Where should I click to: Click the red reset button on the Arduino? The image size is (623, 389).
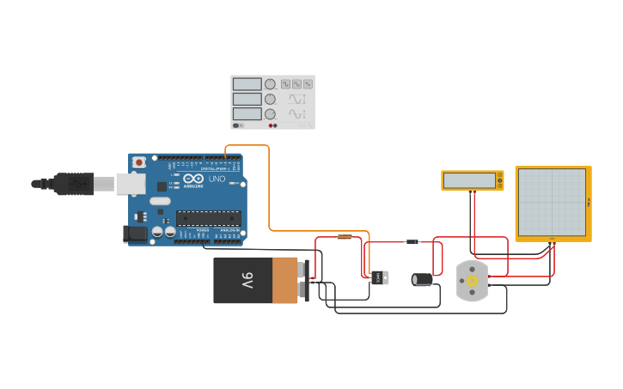click(x=138, y=162)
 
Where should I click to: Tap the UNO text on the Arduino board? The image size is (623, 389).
click(x=217, y=179)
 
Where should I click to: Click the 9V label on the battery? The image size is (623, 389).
click(x=246, y=281)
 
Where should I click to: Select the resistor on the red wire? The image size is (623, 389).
click(x=345, y=236)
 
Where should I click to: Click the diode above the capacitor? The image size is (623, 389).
click(x=412, y=242)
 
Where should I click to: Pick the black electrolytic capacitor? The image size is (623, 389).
click(x=422, y=279)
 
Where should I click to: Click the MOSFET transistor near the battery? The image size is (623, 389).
click(x=379, y=277)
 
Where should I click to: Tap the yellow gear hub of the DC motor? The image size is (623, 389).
click(x=471, y=281)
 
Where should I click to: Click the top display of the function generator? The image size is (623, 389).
click(x=247, y=84)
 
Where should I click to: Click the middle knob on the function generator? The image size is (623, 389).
click(x=270, y=99)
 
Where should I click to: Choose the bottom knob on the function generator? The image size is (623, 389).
click(x=270, y=114)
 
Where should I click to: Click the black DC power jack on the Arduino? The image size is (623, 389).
click(x=135, y=233)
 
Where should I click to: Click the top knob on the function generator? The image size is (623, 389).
click(x=270, y=84)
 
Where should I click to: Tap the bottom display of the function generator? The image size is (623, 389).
click(x=247, y=114)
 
